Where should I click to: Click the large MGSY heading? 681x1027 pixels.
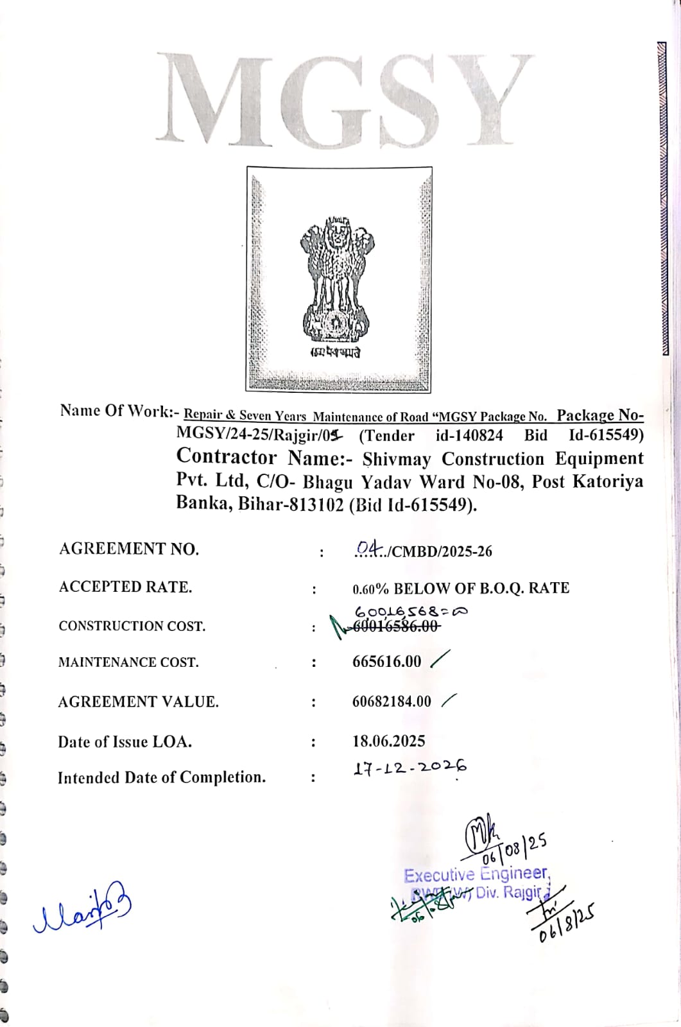[345, 99]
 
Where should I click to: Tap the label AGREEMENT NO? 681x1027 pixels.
[129, 549]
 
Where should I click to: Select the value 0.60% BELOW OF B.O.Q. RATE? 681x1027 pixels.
[461, 588]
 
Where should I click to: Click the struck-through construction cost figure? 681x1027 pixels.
[396, 626]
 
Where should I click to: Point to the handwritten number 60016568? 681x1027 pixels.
[411, 612]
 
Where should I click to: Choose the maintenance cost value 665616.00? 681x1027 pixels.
[386, 662]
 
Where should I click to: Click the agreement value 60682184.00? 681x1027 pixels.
[392, 702]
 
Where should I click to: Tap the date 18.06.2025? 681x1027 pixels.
[388, 741]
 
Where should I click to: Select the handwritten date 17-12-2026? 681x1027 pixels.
[409, 767]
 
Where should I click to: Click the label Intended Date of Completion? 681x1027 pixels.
[162, 778]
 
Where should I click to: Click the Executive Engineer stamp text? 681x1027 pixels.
[476, 874]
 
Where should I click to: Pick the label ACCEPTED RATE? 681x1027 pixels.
[125, 587]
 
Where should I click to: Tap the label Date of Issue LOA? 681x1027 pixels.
[125, 742]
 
